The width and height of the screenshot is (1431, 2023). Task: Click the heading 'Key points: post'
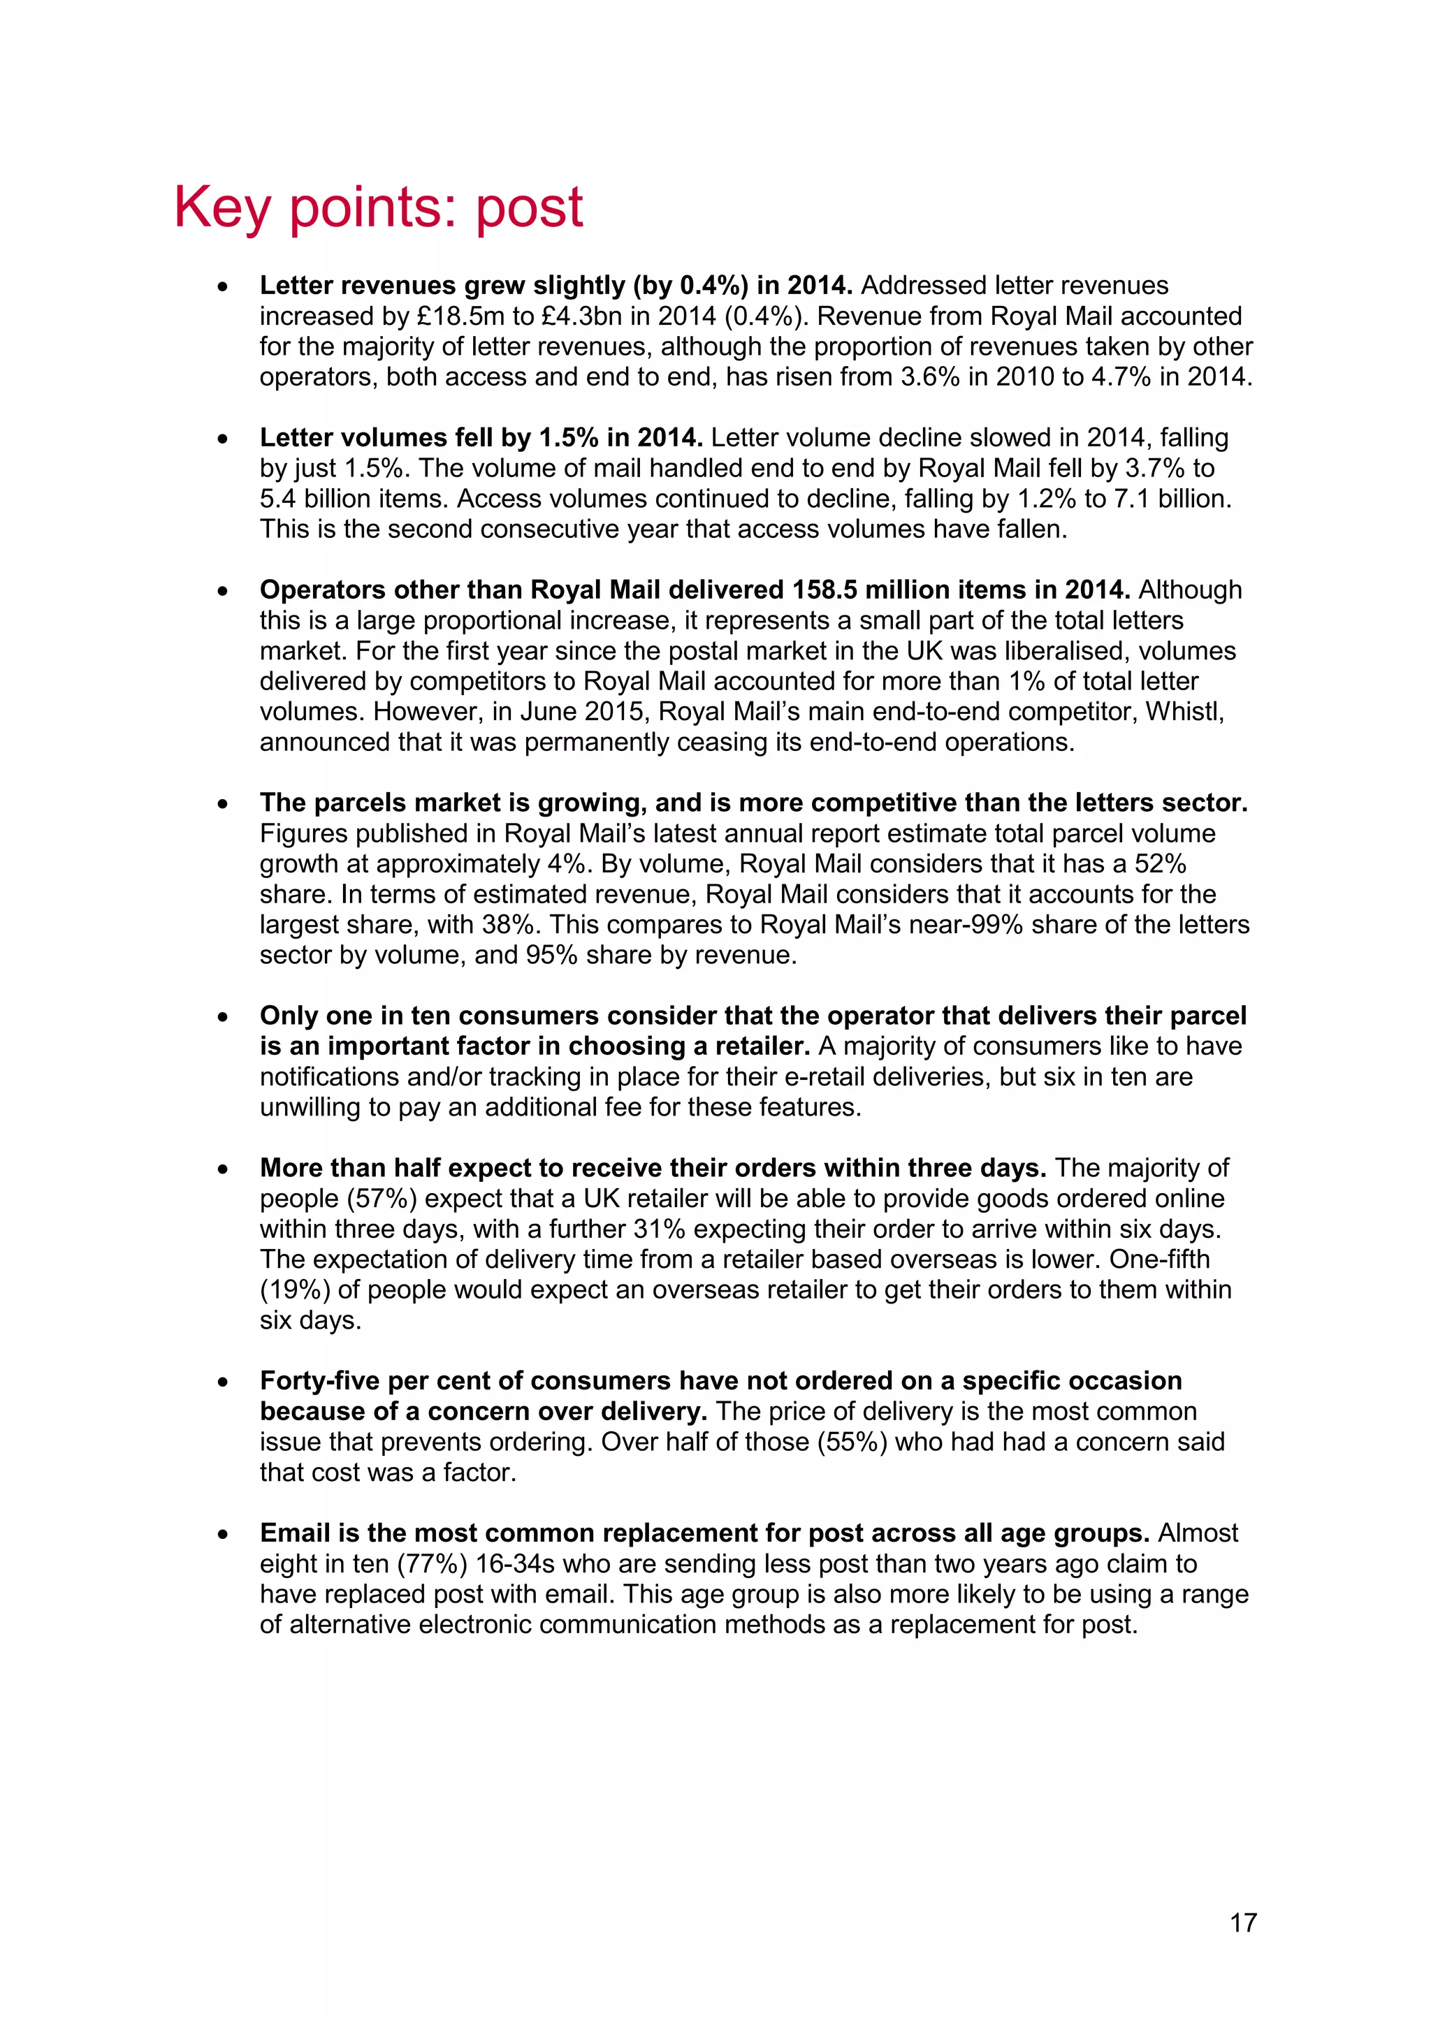click(x=378, y=208)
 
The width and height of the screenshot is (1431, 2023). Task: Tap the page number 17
click(x=1242, y=1922)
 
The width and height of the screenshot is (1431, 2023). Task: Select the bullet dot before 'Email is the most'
click(x=223, y=1534)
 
